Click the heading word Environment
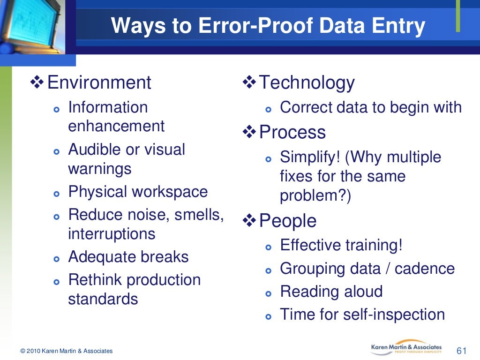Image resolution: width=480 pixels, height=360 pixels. tap(99, 82)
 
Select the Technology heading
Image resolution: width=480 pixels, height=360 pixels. tap(307, 82)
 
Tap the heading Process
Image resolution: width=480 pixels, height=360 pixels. tap(292, 132)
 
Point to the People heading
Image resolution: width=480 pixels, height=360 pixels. tap(287, 221)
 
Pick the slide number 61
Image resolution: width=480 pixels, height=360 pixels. tap(462, 351)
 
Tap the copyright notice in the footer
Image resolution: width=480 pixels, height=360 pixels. tap(66, 351)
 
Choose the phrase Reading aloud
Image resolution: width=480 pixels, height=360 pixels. tap(331, 291)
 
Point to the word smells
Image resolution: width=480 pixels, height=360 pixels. tap(199, 215)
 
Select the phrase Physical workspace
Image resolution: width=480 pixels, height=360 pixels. tap(138, 192)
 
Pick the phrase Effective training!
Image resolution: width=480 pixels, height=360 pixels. tap(341, 245)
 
